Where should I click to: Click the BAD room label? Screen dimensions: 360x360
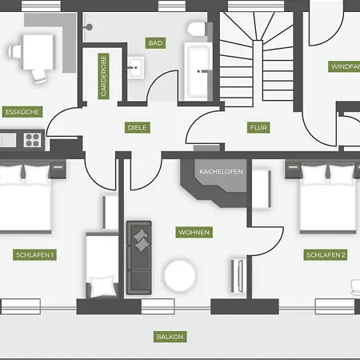(155, 43)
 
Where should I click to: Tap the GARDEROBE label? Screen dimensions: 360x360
(103, 76)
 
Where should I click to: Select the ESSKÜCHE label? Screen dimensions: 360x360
(22, 112)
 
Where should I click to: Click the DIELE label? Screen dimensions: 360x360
(138, 127)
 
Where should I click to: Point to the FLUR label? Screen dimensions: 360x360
(258, 127)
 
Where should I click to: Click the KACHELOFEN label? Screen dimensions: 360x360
(221, 171)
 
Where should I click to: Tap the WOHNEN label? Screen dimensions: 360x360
(194, 232)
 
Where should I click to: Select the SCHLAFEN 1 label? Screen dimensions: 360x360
(34, 254)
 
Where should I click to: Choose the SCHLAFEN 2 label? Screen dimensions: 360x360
(326, 255)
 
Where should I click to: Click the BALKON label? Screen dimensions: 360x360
(170, 337)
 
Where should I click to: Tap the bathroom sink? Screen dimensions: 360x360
(135, 67)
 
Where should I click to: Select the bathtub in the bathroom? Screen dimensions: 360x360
(198, 71)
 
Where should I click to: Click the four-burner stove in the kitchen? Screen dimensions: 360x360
(33, 140)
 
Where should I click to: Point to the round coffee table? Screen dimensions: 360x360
(179, 275)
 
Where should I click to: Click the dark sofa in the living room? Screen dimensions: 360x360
(139, 258)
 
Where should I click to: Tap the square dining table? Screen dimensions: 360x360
(38, 52)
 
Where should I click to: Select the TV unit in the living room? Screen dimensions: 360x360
(238, 276)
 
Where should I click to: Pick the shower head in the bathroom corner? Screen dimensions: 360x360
(89, 27)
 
